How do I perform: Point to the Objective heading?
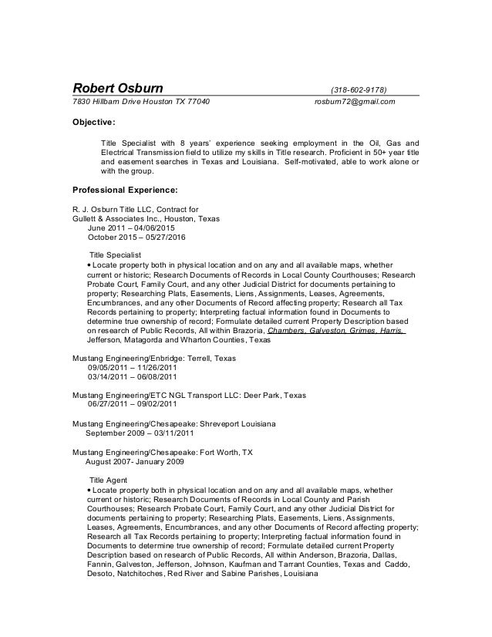coord(93,122)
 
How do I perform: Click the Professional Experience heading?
coord(124,189)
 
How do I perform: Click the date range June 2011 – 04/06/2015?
coord(131,229)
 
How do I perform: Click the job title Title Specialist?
coord(116,254)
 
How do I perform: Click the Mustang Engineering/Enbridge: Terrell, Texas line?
coord(153,359)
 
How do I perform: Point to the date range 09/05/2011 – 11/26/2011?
coord(133,369)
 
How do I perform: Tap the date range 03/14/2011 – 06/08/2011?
coord(133,378)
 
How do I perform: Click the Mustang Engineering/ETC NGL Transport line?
coord(188,394)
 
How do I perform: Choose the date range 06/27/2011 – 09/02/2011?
coord(133,403)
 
